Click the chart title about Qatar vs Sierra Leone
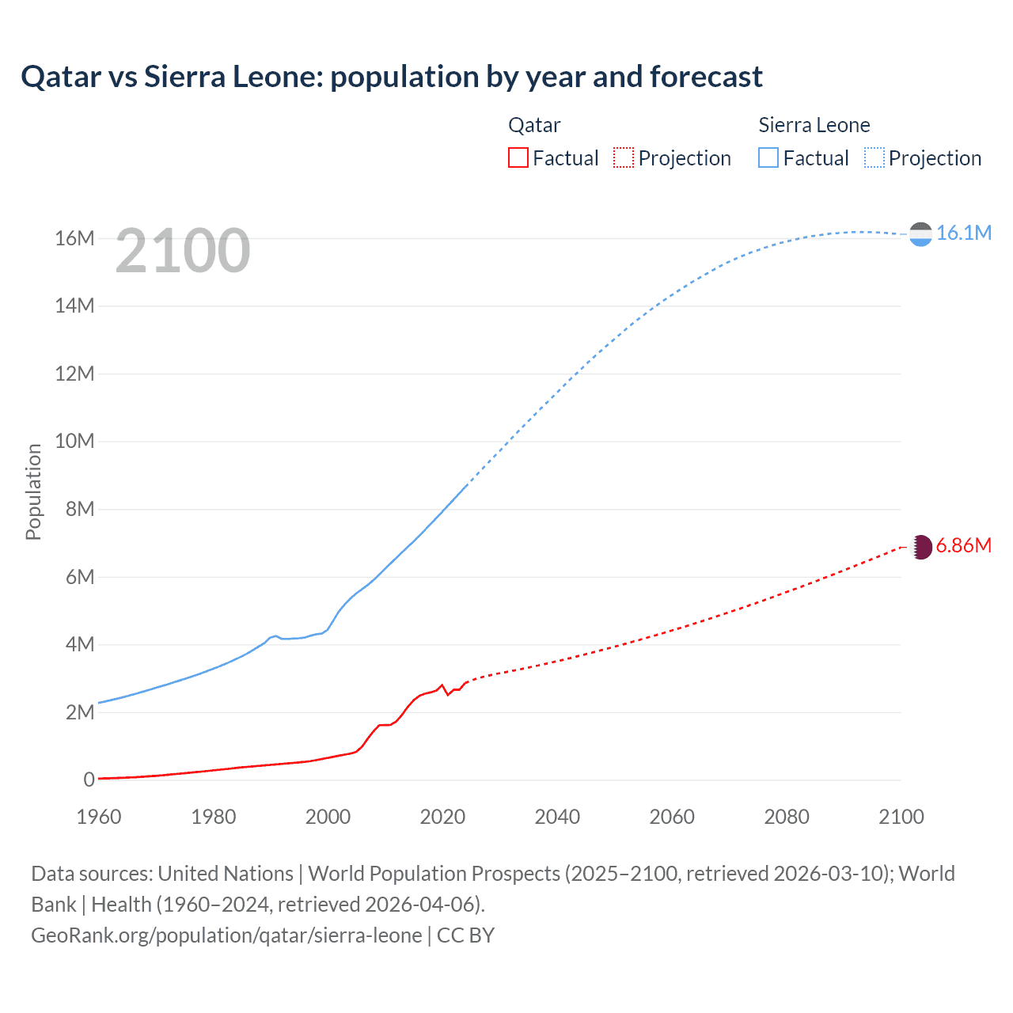coord(392,77)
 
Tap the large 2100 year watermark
coord(183,251)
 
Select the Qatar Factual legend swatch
coord(518,157)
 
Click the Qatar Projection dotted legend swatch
coord(624,157)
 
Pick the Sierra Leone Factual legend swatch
coord(768,157)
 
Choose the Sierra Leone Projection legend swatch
coord(874,157)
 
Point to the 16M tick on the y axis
coord(74,238)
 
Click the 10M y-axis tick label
coord(74,441)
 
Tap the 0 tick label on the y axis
coord(89,780)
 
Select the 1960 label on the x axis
coord(99,817)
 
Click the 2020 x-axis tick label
coord(442,817)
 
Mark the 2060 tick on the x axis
coord(672,817)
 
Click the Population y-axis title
coord(33,491)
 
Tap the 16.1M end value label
coord(963,233)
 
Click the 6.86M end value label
coord(963,546)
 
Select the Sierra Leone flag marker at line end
coord(920,233)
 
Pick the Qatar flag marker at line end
coord(921,547)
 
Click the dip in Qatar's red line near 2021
coord(448,694)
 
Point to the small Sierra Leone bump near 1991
coord(275,635)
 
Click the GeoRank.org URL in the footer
coord(227,935)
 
